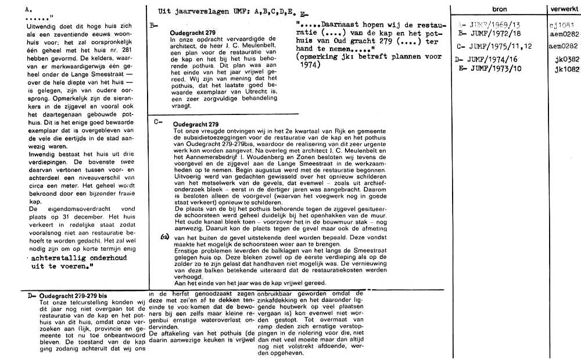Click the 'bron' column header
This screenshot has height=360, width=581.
point(499,10)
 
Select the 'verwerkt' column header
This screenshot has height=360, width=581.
point(563,10)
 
